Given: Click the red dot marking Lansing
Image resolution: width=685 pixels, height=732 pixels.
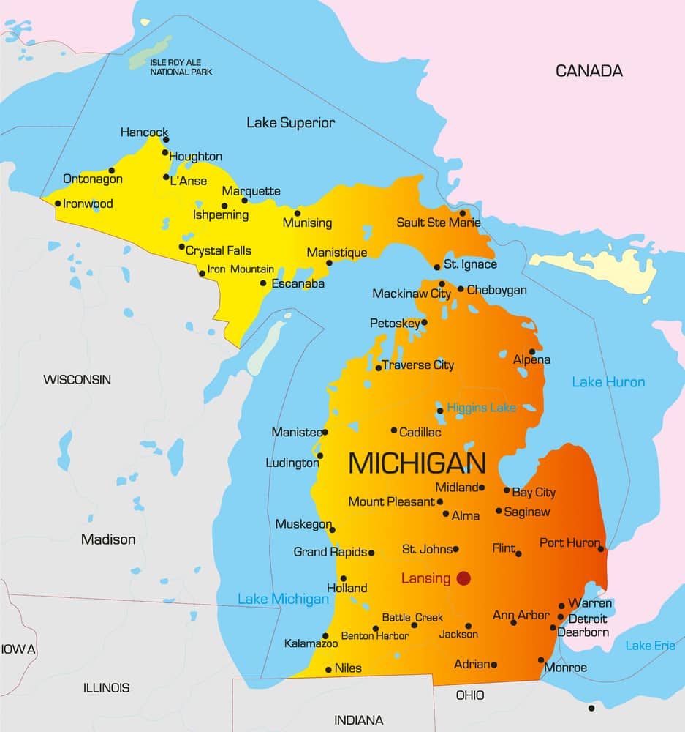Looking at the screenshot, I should (463, 578).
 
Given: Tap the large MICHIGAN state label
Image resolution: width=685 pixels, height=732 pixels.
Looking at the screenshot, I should (417, 463).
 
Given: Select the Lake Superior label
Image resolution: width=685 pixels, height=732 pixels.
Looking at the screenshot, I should (290, 123).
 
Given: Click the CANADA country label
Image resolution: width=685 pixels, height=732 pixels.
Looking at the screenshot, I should (589, 71).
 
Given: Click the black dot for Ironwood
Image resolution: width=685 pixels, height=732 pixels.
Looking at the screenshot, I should (58, 203).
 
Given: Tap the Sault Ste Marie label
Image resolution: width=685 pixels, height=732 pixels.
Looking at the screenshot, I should (439, 223).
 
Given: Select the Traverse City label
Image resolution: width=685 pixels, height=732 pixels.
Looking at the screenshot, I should (417, 365).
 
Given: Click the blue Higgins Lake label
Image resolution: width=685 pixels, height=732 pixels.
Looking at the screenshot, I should (481, 408).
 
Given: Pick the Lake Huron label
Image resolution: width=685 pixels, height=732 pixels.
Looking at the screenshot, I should (608, 382).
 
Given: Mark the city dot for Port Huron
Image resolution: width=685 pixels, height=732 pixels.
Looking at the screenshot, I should (601, 548).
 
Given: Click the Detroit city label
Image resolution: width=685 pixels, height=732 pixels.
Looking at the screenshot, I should (588, 619).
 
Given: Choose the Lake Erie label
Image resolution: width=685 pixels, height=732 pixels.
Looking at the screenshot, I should (650, 646).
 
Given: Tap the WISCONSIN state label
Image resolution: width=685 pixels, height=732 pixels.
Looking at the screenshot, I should (77, 379).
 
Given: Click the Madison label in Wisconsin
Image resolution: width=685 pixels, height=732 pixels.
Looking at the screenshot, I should (108, 539).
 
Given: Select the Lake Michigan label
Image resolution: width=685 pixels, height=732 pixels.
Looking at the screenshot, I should (283, 599).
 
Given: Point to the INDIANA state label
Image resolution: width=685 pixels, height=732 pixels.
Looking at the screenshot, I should (358, 720).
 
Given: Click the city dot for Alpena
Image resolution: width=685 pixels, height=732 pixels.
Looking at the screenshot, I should (532, 351).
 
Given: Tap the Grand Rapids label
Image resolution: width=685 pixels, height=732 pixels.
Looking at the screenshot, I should (330, 552).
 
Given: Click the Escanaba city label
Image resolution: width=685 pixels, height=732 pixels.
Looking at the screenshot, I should (298, 283).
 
